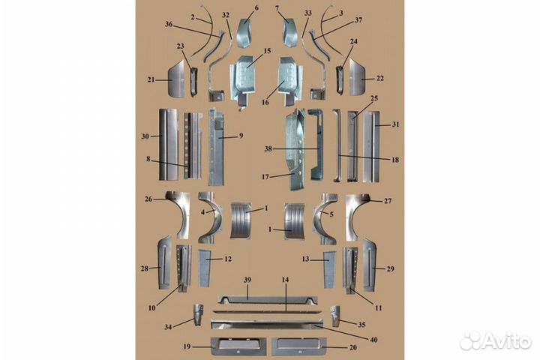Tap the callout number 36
[168, 24]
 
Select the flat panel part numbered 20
[298, 346]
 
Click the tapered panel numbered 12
[204, 267]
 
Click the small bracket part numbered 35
[335, 313]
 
